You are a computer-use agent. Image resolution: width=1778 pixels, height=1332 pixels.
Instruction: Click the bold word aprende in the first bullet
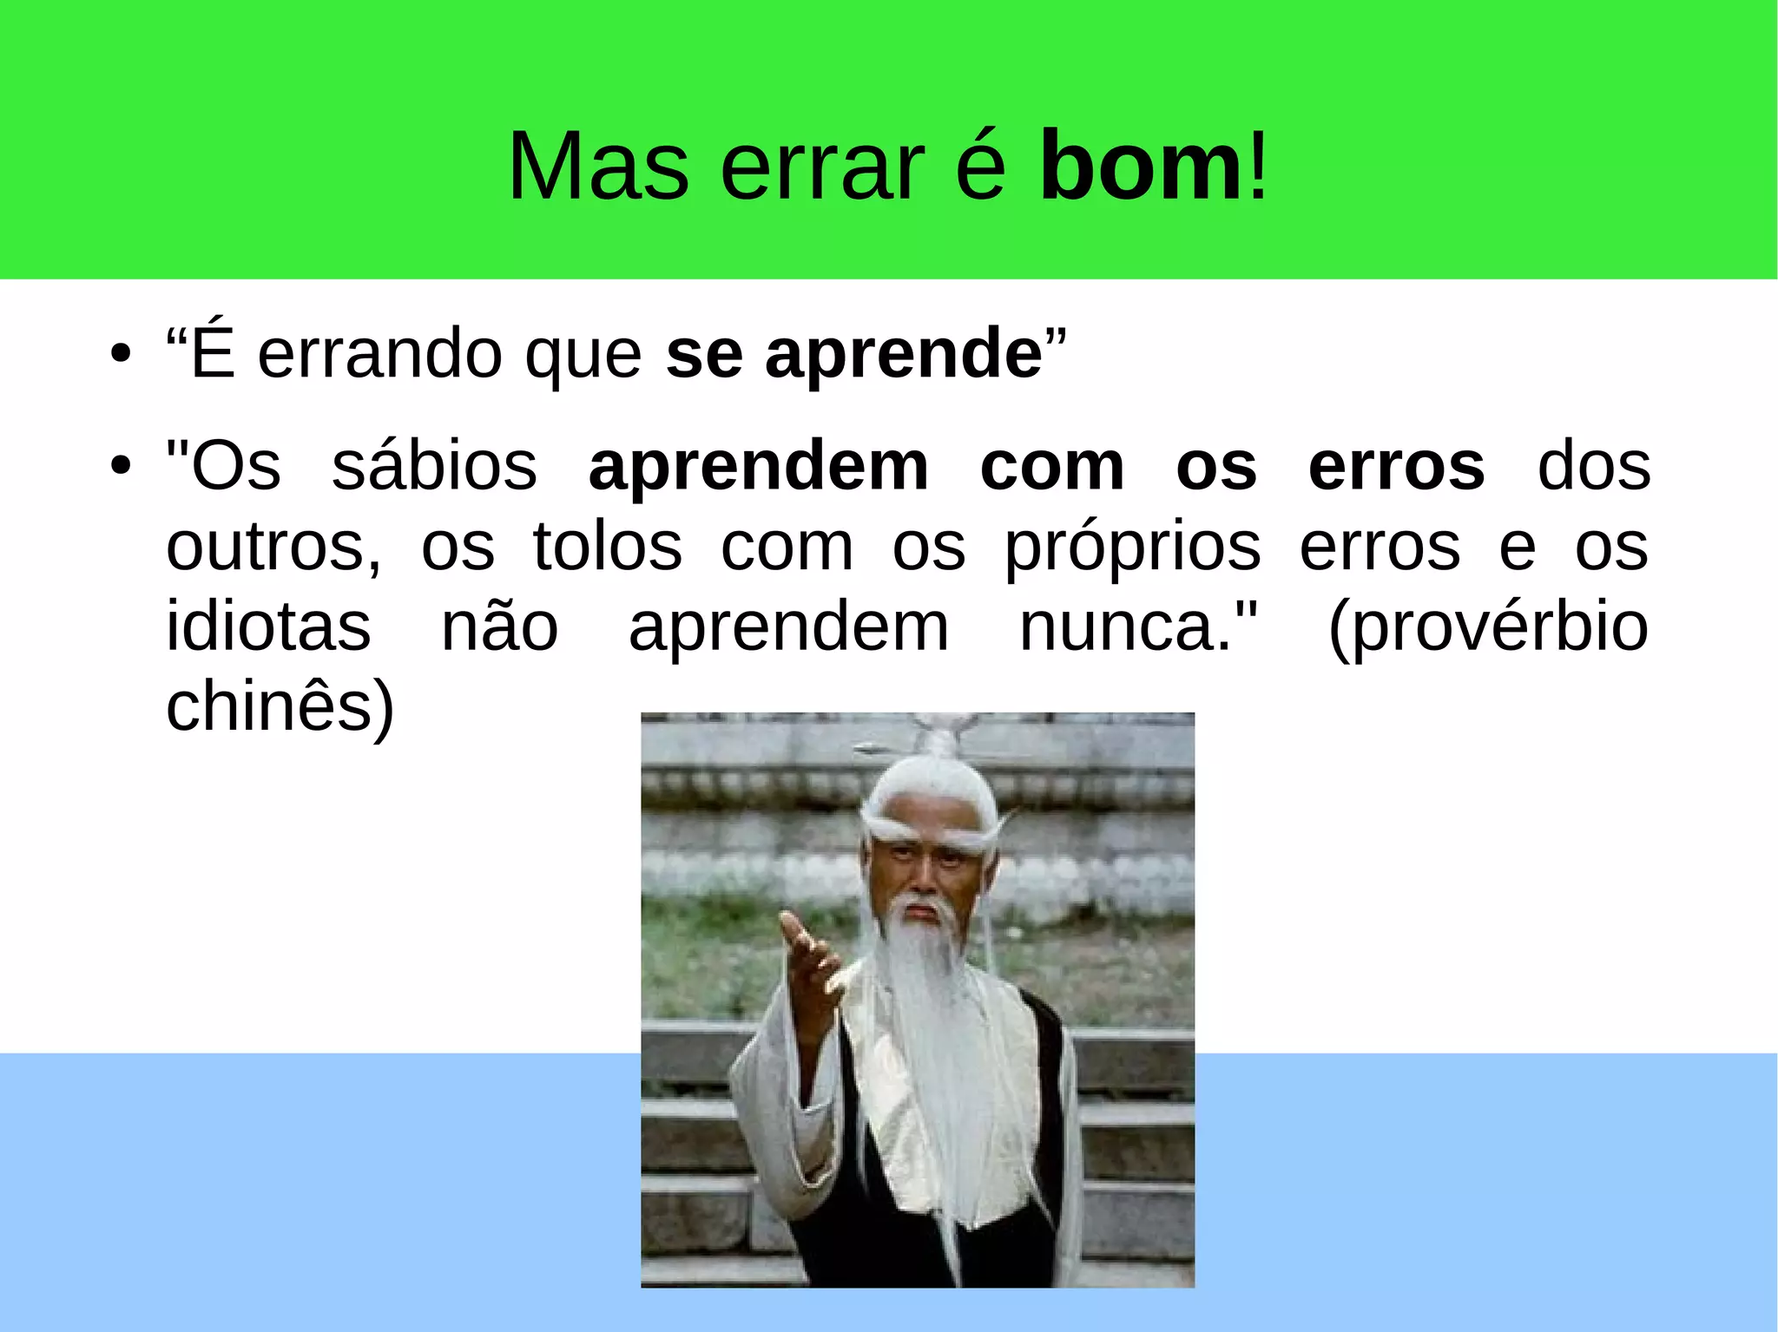click(x=903, y=356)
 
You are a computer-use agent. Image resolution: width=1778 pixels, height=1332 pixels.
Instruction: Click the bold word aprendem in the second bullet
click(x=758, y=469)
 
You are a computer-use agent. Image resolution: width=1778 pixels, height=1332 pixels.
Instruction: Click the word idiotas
click(x=268, y=627)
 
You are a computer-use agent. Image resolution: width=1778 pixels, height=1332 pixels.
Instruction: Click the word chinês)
click(x=280, y=708)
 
